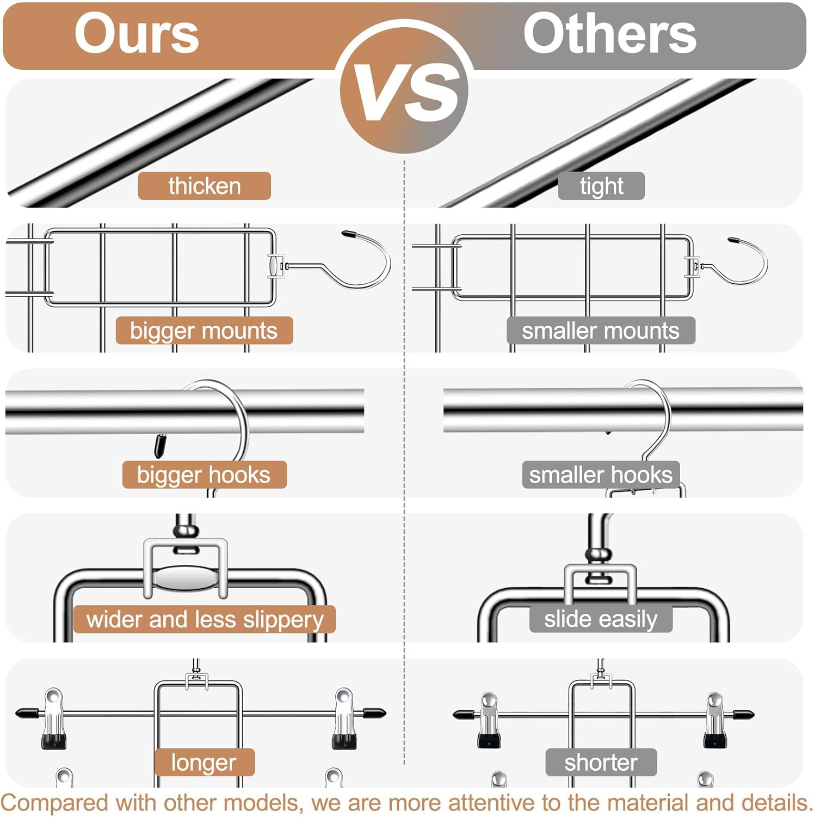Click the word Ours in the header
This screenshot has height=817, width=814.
(x=137, y=34)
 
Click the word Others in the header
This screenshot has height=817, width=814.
(x=609, y=34)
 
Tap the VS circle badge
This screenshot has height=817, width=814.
(x=404, y=89)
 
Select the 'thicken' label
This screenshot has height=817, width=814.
(x=204, y=186)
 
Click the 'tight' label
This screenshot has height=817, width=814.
(x=601, y=186)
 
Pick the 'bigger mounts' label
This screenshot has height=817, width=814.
(x=204, y=330)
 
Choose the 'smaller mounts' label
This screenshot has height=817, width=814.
(x=601, y=330)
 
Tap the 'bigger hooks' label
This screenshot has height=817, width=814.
(x=204, y=474)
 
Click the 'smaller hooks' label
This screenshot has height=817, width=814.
(x=601, y=474)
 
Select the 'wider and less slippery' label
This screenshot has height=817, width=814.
(x=204, y=619)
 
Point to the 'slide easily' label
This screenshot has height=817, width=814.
(x=601, y=619)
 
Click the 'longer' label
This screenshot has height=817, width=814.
(x=204, y=762)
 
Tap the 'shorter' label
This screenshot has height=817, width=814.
(x=601, y=762)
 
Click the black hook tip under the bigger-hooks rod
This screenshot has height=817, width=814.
(x=159, y=445)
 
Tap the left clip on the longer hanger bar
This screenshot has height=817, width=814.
(x=54, y=718)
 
